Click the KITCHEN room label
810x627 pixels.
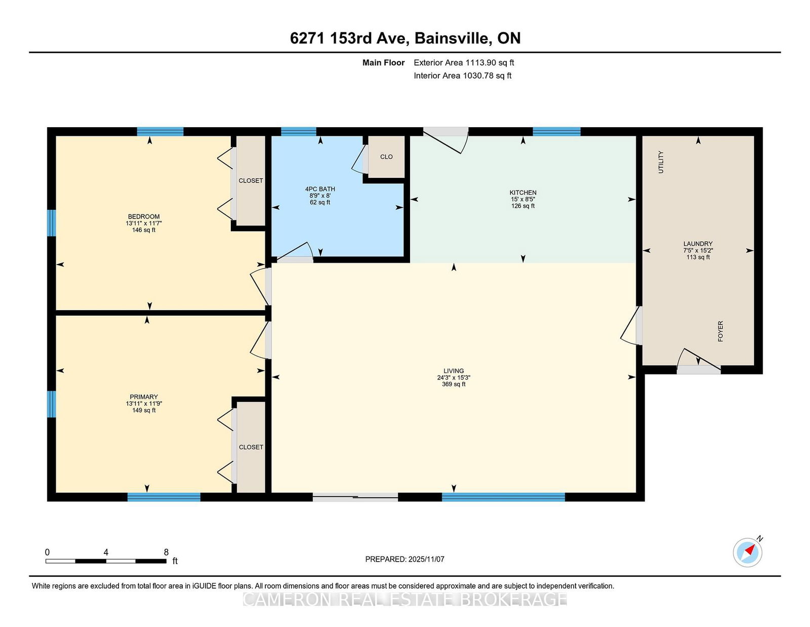coord(522,193)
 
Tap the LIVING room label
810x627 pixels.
coord(453,371)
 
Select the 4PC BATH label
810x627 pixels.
coord(320,189)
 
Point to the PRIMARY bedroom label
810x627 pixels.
coord(143,397)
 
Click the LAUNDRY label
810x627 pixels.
coord(698,244)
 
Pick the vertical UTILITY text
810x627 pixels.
coord(661,162)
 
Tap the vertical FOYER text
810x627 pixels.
coord(720,331)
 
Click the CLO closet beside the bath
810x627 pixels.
coord(386,157)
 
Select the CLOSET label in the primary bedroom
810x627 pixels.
coord(251,447)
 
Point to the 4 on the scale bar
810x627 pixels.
coord(106,552)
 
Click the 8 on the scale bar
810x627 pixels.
coord(166,552)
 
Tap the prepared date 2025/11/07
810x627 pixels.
coord(426,559)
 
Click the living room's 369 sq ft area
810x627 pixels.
coord(453,384)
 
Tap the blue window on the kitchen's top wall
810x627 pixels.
coord(556,131)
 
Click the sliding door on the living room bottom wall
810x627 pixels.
coord(355,497)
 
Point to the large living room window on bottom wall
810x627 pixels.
coord(503,497)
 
